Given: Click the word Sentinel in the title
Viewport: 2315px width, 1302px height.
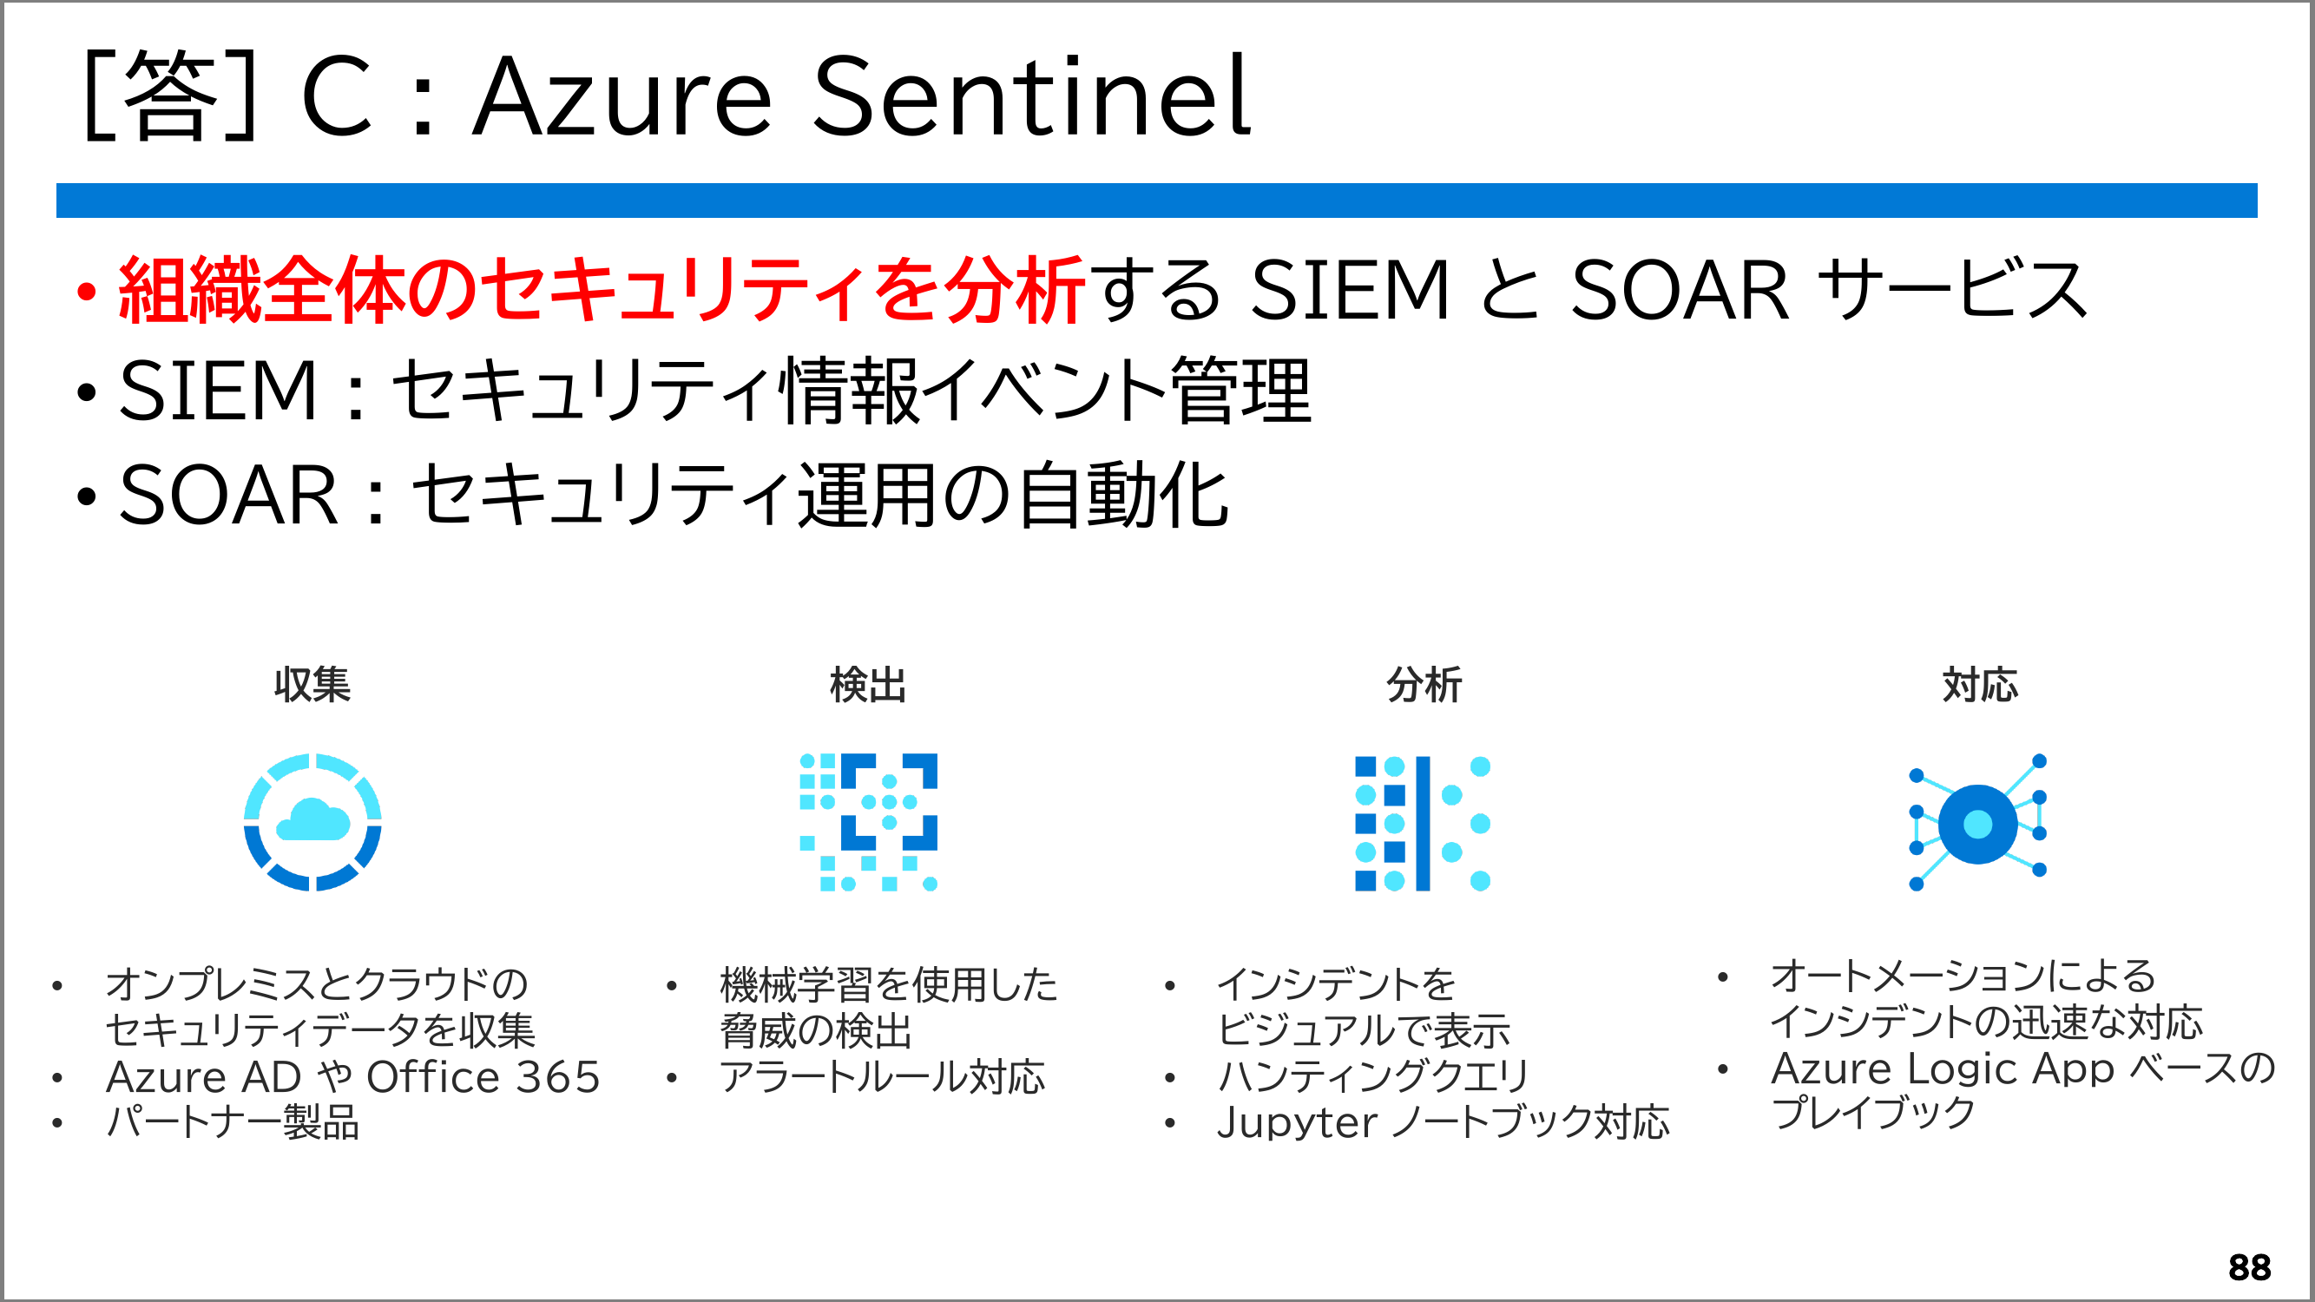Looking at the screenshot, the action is tap(1031, 95).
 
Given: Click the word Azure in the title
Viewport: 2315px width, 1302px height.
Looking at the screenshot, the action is tap(621, 97).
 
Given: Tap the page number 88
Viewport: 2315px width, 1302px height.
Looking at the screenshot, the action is tap(2249, 1268).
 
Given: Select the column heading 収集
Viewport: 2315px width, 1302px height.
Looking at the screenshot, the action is tap(312, 685).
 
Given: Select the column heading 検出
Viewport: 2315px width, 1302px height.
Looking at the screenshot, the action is tap(868, 685).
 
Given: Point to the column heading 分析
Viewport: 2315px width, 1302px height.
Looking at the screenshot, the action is tap(1424, 685).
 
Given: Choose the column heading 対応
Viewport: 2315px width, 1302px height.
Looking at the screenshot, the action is tap(1980, 685).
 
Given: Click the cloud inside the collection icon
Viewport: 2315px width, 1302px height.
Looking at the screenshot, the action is tap(312, 819).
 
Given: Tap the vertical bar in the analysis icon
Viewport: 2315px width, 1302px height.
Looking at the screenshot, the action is tap(1423, 823).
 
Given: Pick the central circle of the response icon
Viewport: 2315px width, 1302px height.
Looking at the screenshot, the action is tap(1978, 824).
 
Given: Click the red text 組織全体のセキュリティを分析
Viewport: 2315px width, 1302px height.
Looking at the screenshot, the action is tap(602, 289).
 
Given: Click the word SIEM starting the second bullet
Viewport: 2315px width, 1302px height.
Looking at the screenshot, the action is tap(218, 390).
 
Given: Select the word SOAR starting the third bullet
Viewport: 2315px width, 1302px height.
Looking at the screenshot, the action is tap(228, 494).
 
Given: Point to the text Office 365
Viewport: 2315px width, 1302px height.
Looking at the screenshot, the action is tap(483, 1076).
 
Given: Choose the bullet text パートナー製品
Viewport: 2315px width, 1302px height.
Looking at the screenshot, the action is tap(233, 1122).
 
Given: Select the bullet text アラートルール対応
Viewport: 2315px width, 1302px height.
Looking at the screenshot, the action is tap(883, 1076).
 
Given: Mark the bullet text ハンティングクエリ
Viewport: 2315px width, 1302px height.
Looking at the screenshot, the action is tap(1372, 1076).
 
